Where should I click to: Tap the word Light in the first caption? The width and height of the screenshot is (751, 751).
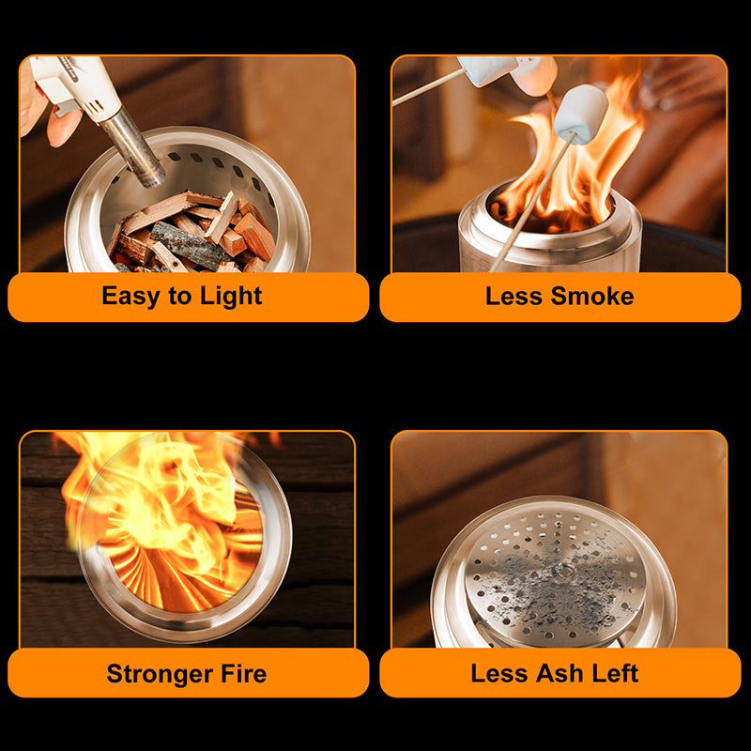(230, 297)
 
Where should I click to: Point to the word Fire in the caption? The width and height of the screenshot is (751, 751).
(242, 673)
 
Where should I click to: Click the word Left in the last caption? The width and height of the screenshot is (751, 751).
(616, 673)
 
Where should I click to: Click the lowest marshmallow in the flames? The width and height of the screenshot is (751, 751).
(581, 113)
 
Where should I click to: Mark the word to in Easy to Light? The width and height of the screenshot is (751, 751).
(178, 297)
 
